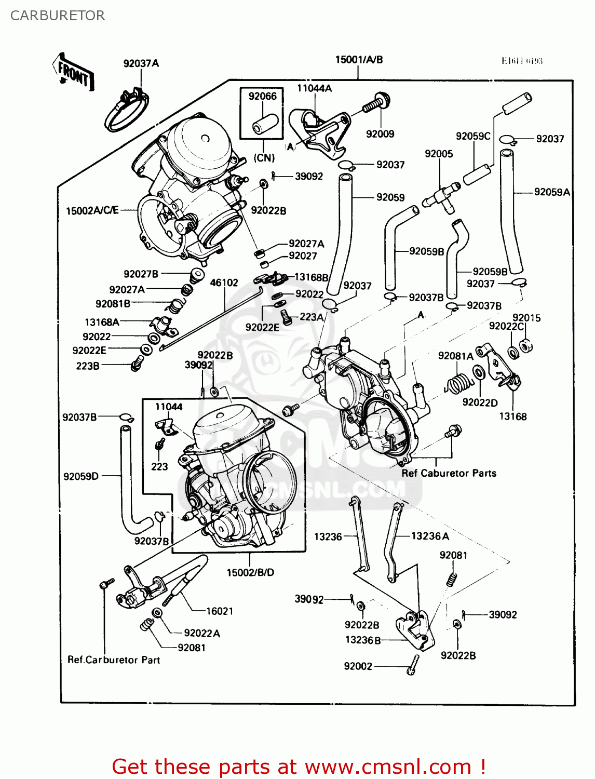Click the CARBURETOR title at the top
pos(58,16)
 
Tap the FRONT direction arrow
pos(74,74)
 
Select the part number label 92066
pos(262,96)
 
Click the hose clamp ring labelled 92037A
pos(126,113)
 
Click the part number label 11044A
pos(314,88)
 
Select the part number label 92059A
pos(552,192)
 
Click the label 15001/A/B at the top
pos(359,60)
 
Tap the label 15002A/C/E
pos(92,210)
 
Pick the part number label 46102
pos(224,283)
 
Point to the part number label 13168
pos(512,417)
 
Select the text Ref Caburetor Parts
pos(449,473)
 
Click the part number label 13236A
pos(430,536)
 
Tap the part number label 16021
pos(220,611)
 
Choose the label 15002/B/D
pos(250,572)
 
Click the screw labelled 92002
pos(413,664)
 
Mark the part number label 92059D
pos(81,476)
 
